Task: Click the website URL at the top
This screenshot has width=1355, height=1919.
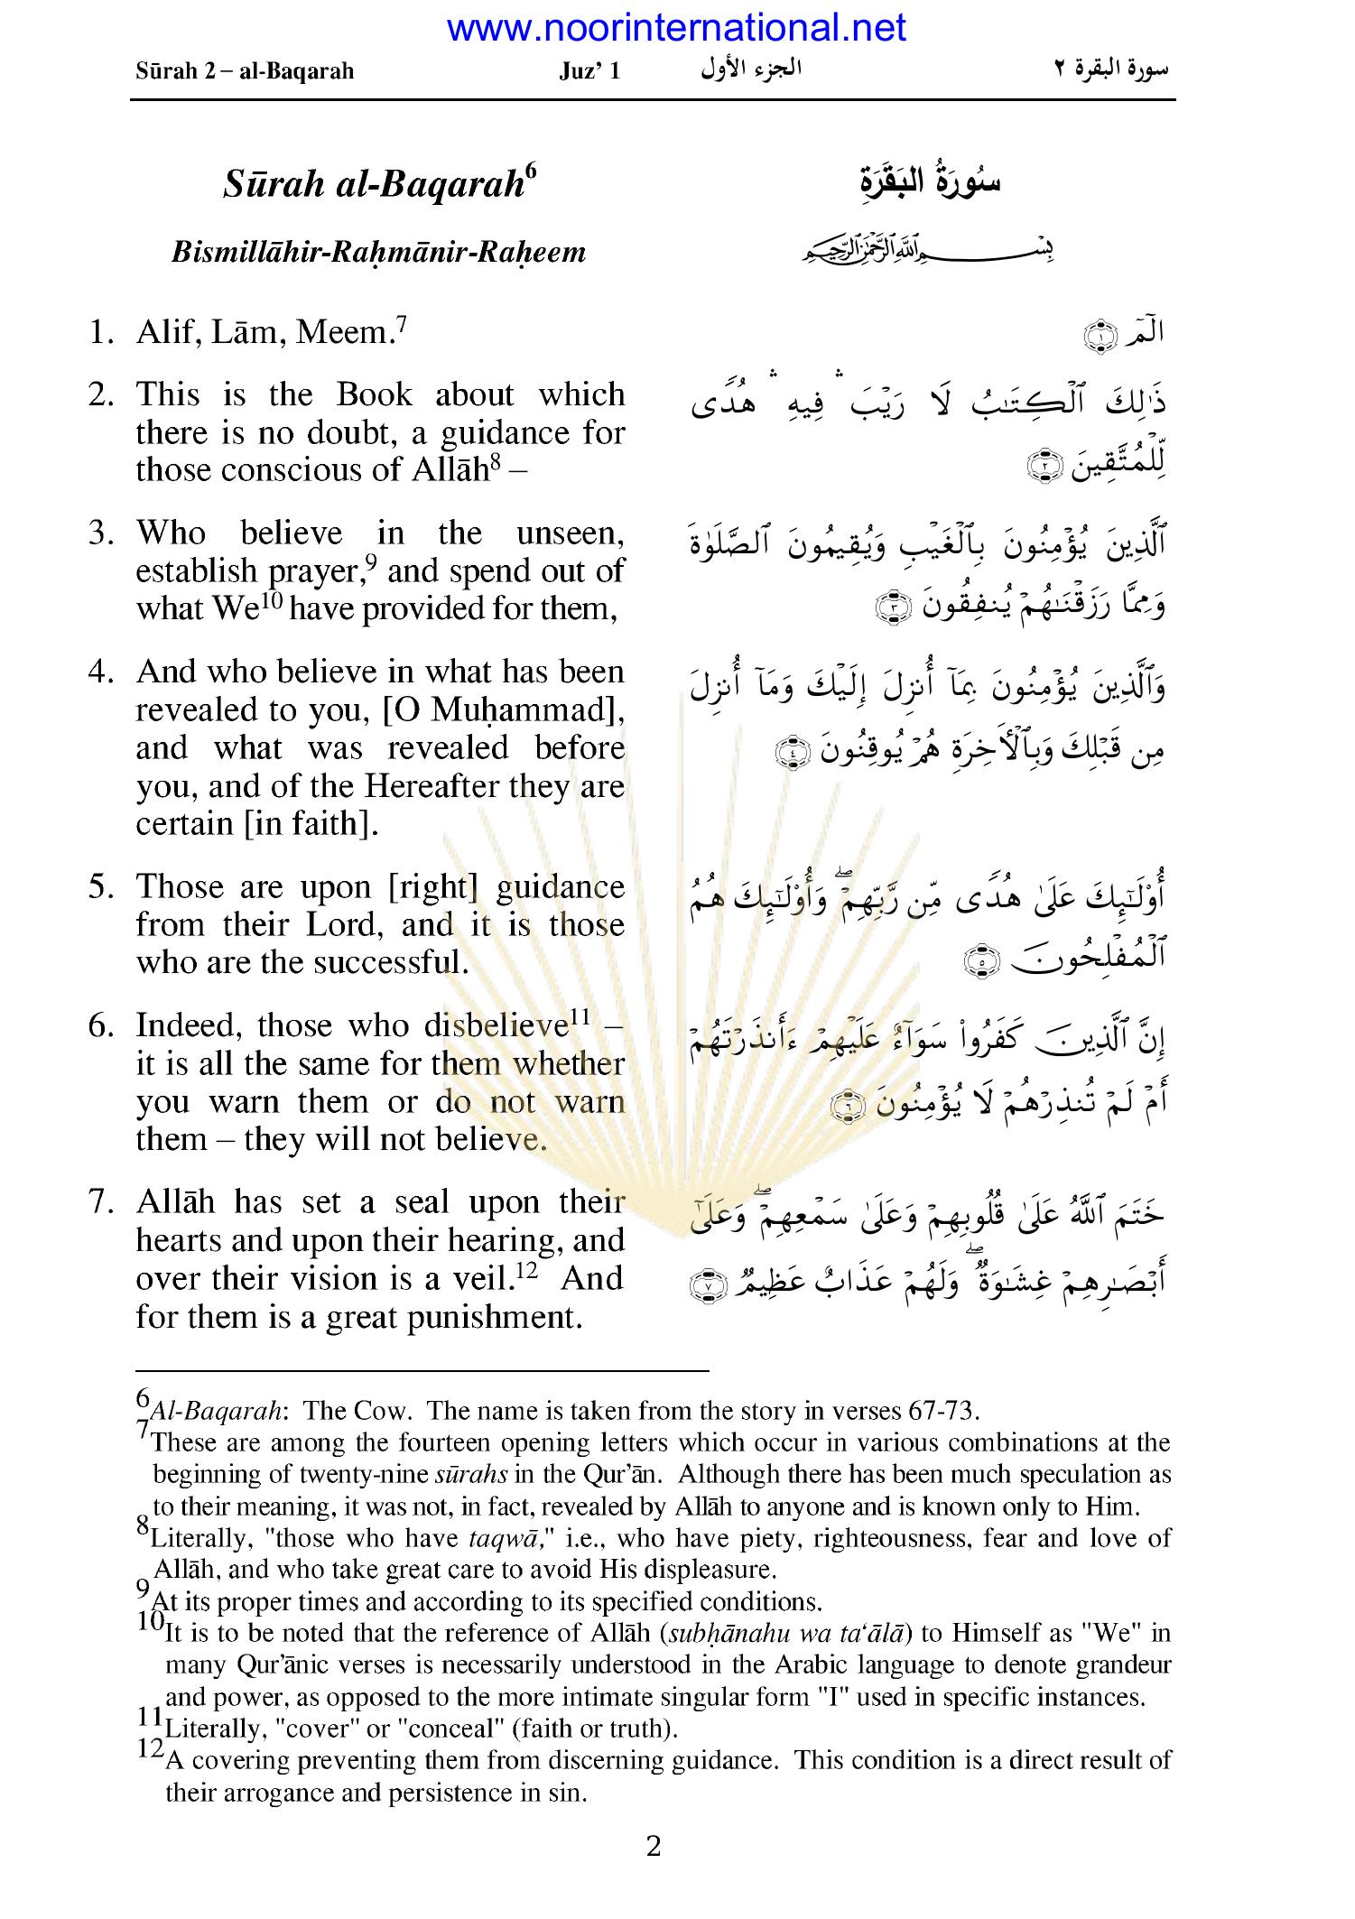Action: pos(676,29)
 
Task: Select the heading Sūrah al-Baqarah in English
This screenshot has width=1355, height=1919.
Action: pos(373,184)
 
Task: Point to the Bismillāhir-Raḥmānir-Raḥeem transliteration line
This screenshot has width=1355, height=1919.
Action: pos(378,251)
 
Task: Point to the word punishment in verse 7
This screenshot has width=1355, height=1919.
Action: pos(490,1317)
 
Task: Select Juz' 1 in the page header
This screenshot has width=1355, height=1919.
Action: pos(589,71)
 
